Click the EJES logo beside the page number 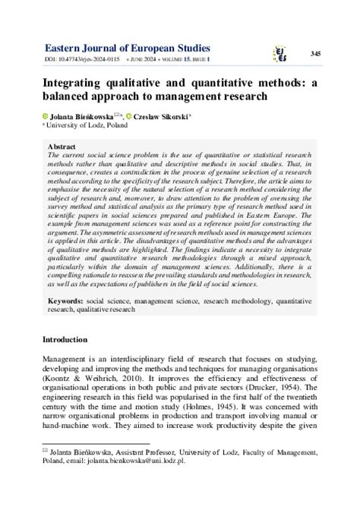point(280,52)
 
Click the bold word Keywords point(68,301)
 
